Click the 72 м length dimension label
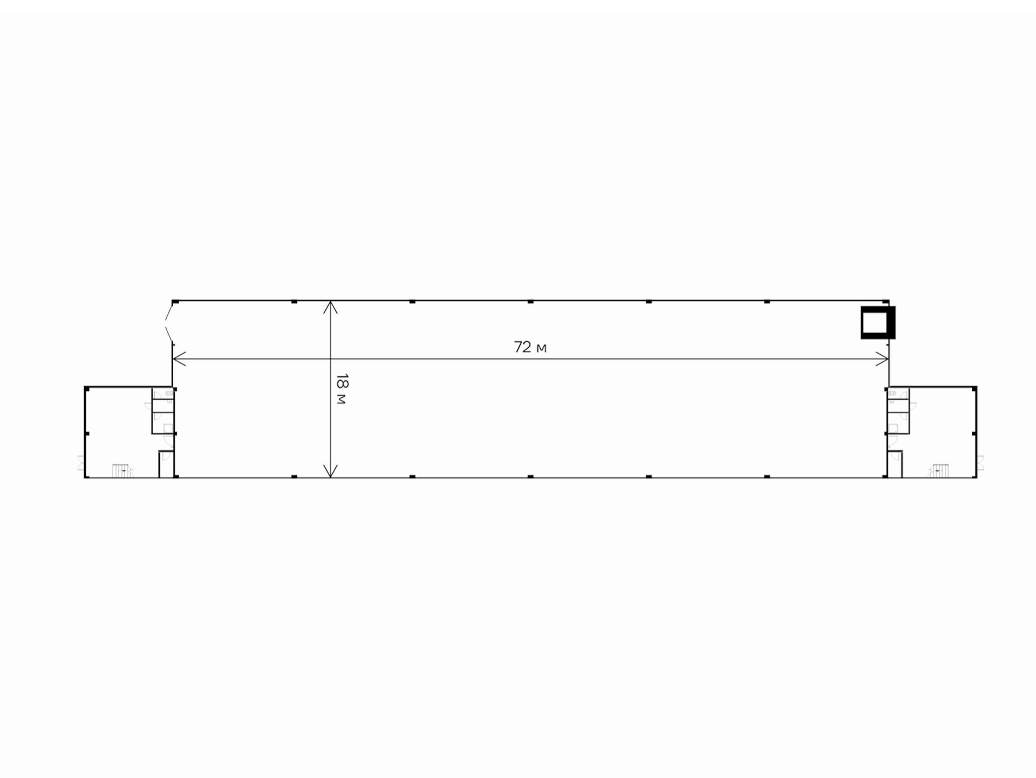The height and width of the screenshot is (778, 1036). click(x=530, y=347)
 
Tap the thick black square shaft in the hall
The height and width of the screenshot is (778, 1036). click(x=878, y=323)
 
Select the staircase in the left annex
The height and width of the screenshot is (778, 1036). click(x=122, y=470)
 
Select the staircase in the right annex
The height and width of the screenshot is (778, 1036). click(x=939, y=470)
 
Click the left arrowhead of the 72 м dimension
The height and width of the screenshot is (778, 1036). click(x=179, y=358)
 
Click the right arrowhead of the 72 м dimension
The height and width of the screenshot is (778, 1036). click(x=882, y=358)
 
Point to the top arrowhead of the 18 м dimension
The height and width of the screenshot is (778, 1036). click(x=330, y=307)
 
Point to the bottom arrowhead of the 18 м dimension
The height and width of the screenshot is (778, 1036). click(x=330, y=471)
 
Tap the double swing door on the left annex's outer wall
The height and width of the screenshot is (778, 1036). click(x=81, y=463)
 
